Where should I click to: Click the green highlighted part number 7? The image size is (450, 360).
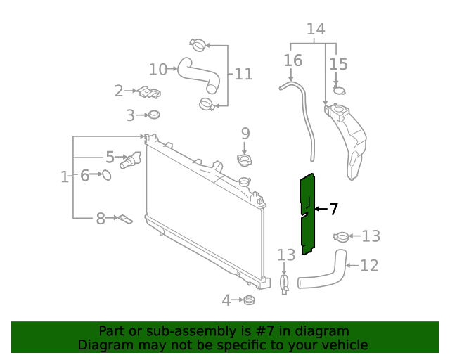[x=307, y=214]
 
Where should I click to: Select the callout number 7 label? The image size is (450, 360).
[x=334, y=209]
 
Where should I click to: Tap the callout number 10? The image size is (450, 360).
[x=158, y=69]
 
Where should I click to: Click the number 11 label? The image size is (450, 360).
[x=243, y=74]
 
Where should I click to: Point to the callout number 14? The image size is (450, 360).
[x=316, y=29]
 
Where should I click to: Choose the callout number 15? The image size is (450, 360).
[x=338, y=64]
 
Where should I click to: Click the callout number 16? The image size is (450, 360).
[x=292, y=60]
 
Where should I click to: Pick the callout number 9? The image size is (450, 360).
[x=245, y=132]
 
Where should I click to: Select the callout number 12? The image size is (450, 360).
[x=369, y=265]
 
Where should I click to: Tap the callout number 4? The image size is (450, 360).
[x=226, y=301]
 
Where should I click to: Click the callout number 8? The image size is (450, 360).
[x=100, y=219]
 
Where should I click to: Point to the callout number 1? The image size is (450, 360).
[x=64, y=176]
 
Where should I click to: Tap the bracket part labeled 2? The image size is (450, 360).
[x=150, y=91]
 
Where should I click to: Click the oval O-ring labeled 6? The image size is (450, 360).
[x=107, y=175]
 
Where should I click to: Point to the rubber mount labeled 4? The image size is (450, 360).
[x=247, y=301]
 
